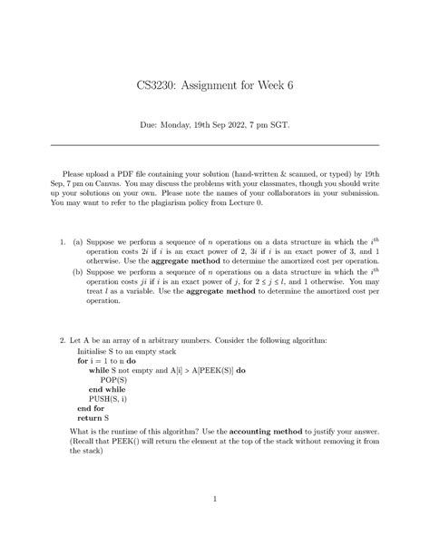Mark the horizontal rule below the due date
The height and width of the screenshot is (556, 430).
click(x=214, y=144)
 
